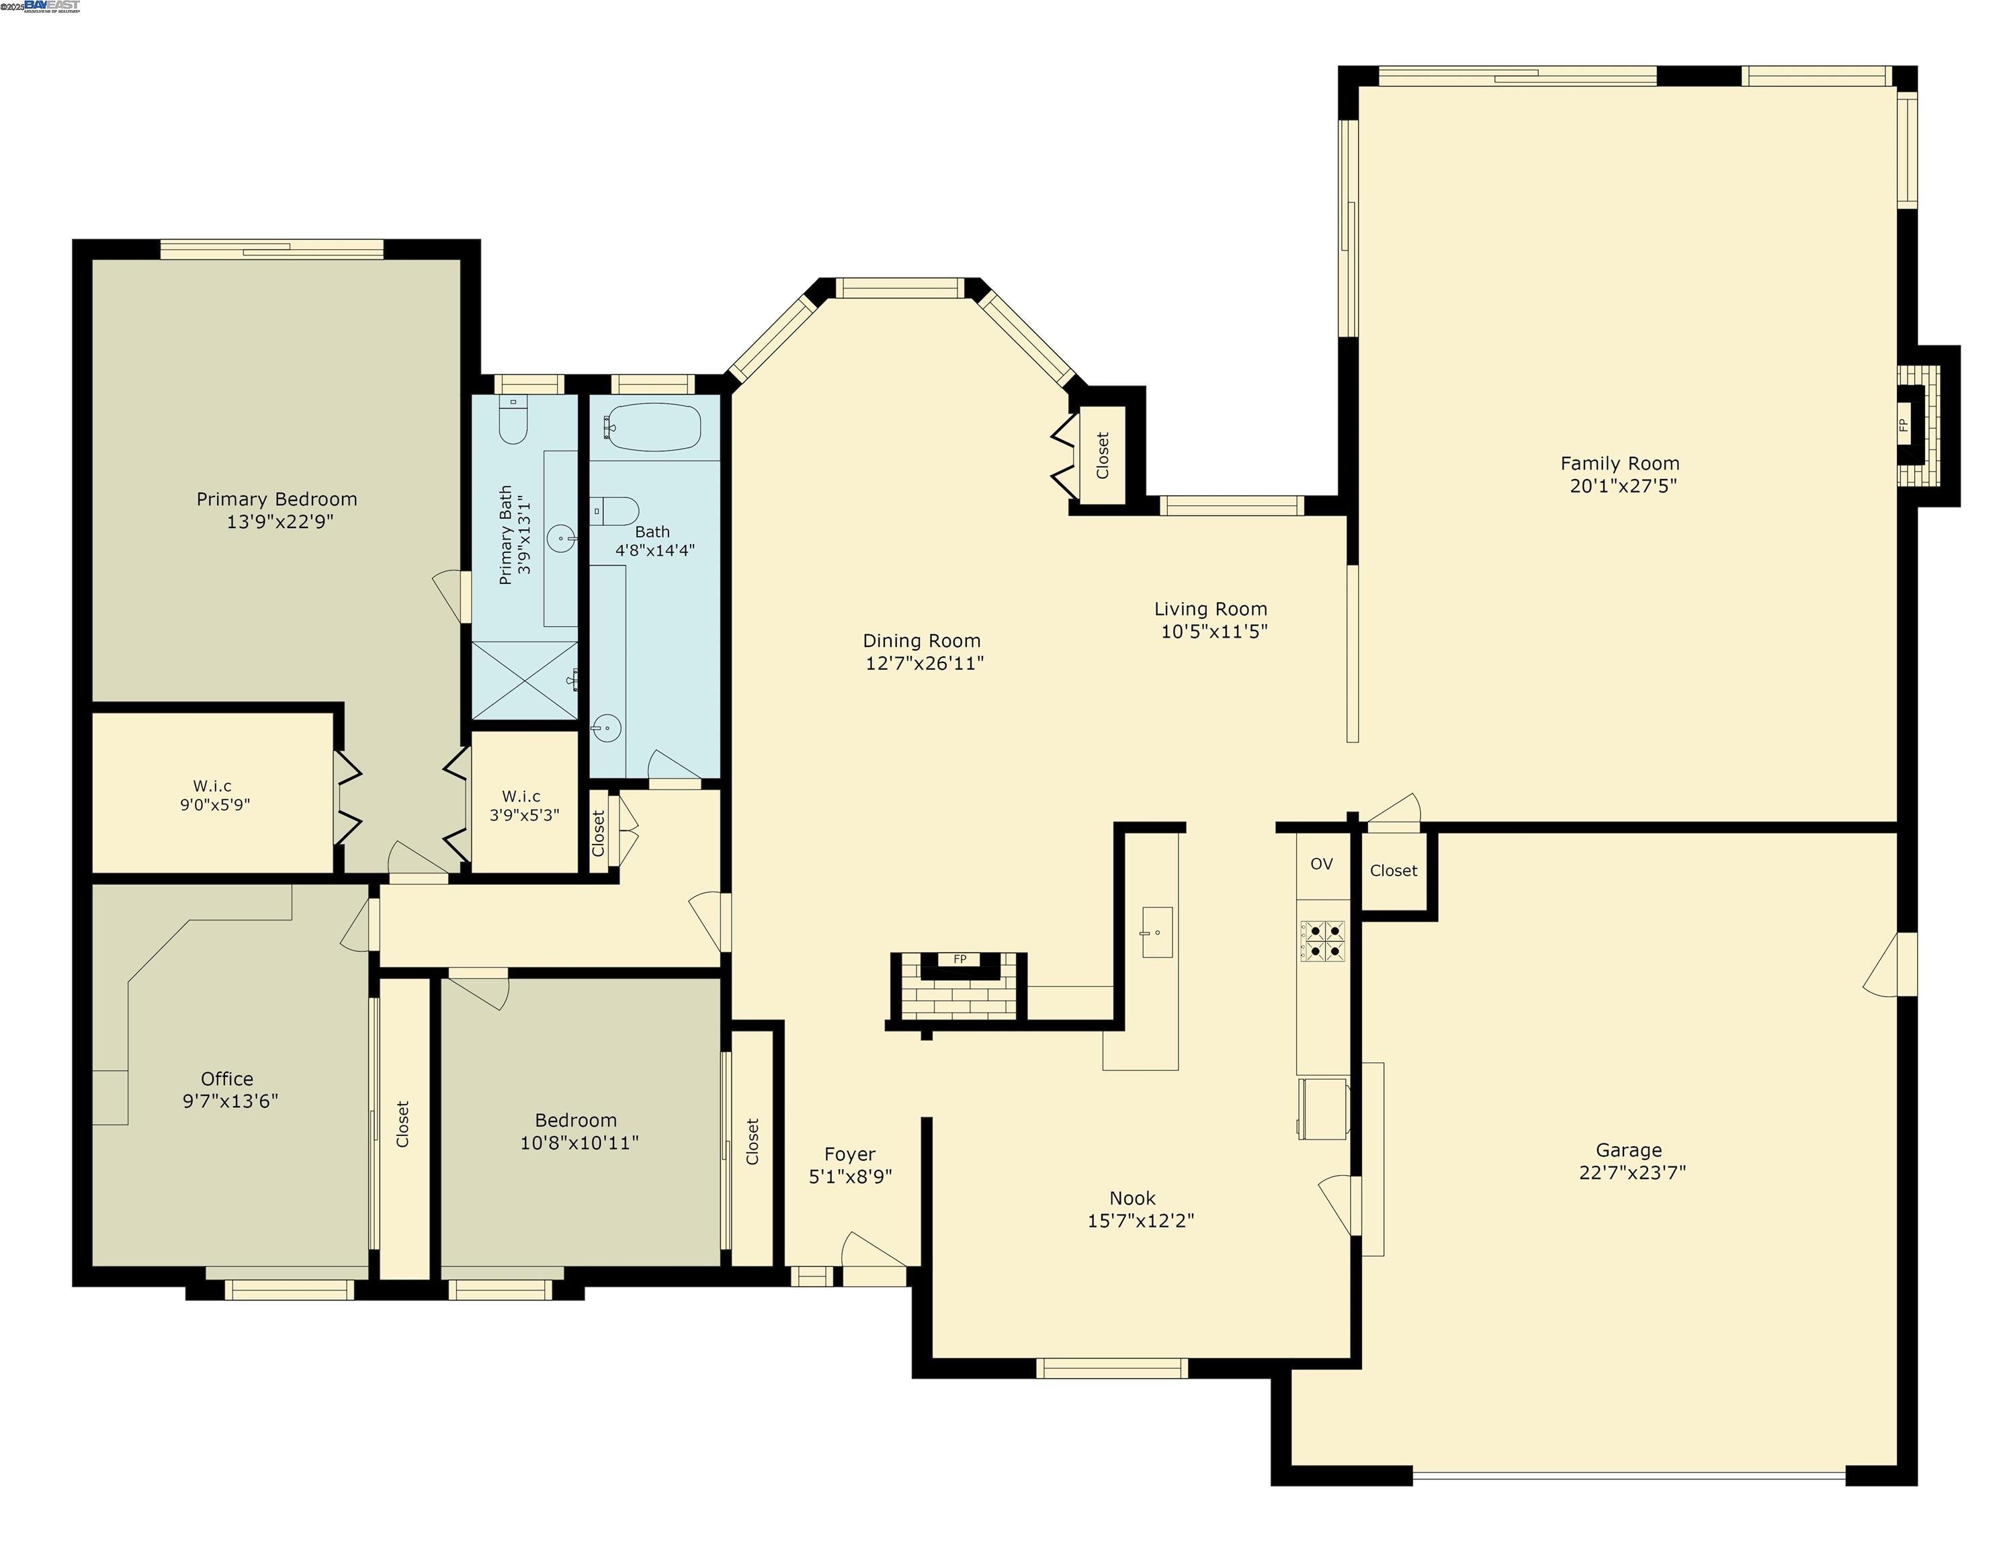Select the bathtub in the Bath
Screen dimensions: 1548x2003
654,427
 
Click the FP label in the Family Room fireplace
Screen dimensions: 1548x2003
1902,425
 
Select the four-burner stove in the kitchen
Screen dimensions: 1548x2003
1322,941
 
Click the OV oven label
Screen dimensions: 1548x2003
1320,864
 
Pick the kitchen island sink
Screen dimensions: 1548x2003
1156,932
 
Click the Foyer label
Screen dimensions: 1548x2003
849,1154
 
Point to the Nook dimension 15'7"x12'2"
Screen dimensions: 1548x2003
1140,1221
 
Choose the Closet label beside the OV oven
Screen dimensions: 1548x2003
1393,870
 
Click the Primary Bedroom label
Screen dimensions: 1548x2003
276,500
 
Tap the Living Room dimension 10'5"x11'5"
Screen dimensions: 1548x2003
1213,631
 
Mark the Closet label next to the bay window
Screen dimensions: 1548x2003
1103,456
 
